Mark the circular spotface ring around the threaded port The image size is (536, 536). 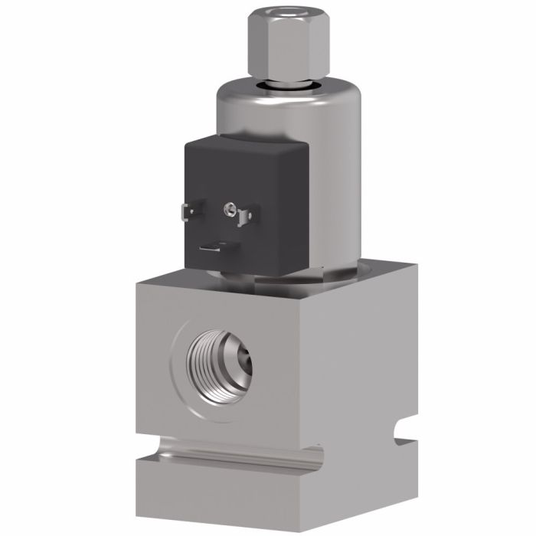(x=188, y=383)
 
